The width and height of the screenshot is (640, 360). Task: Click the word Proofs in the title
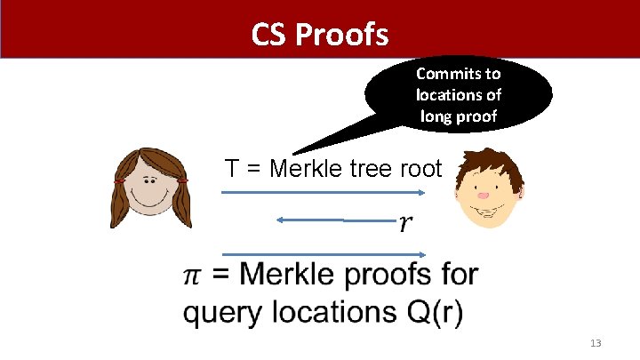click(341, 35)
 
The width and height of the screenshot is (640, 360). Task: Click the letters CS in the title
click(268, 35)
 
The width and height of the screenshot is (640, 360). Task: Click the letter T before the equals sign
click(234, 168)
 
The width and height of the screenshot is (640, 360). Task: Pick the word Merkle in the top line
click(313, 168)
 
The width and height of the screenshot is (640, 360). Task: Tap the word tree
click(380, 168)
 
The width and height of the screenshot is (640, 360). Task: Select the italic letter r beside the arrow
click(405, 223)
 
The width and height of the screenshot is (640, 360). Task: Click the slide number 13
click(596, 343)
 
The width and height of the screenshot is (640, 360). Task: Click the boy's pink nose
click(484, 194)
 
